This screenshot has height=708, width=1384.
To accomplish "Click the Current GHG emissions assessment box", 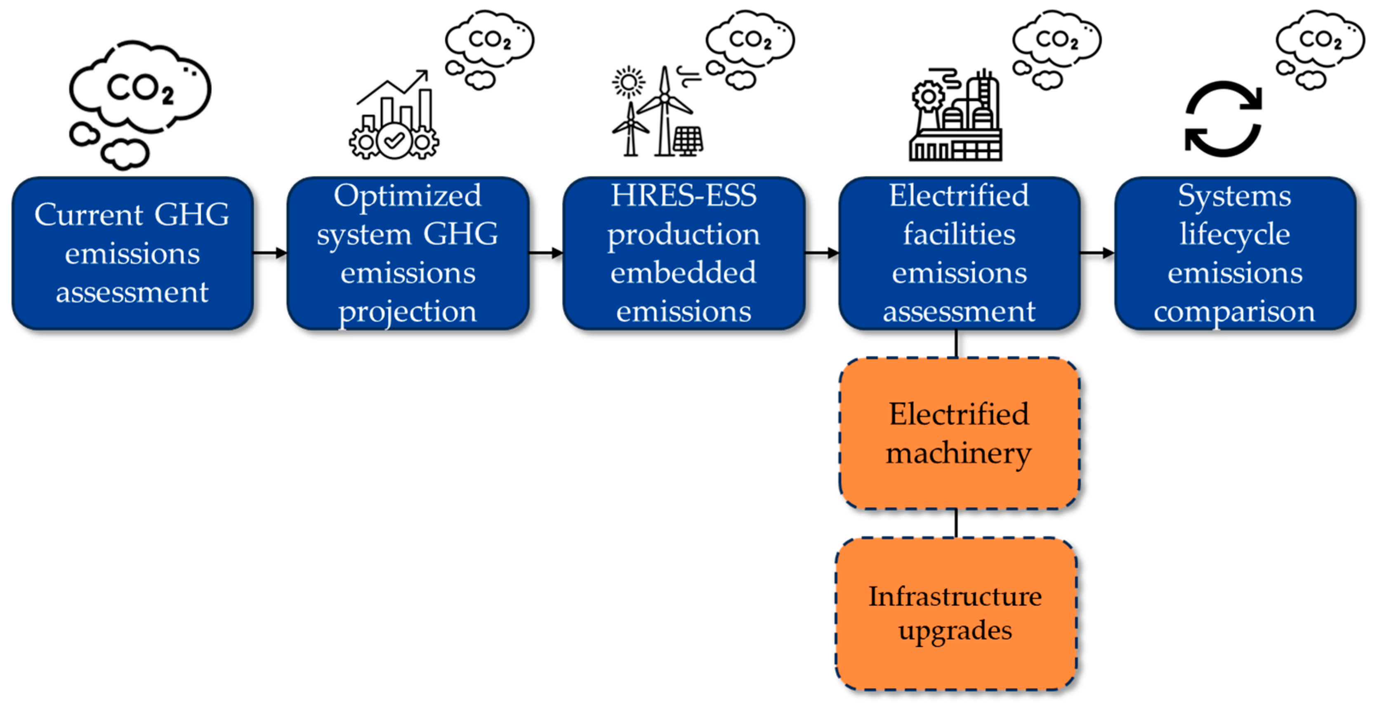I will coord(132,253).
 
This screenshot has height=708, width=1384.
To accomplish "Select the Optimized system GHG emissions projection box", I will coord(408,253).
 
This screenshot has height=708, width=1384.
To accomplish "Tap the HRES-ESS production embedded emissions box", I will coord(684,253).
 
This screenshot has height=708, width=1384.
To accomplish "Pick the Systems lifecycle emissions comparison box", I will coord(1235,253).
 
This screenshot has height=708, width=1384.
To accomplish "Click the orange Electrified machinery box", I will coord(959,433).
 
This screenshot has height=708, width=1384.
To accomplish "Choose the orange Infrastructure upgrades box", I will coord(956,614).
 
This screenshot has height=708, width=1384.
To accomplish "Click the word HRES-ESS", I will coord(684,195).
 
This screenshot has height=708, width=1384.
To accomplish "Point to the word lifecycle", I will coord(1235,234).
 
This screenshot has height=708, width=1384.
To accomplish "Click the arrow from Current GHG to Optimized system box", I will coord(270,252).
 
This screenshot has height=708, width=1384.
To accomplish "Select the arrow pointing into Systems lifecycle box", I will coord(1097,252).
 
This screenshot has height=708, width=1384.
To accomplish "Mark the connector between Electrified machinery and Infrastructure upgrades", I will coord(956,523).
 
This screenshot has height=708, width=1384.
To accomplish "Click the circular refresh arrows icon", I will coord(1223,119).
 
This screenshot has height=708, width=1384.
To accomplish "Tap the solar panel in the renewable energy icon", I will coord(688,141).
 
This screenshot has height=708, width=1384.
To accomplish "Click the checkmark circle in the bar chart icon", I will coord(394,141).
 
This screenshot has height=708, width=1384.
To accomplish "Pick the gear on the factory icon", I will coord(927,96).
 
